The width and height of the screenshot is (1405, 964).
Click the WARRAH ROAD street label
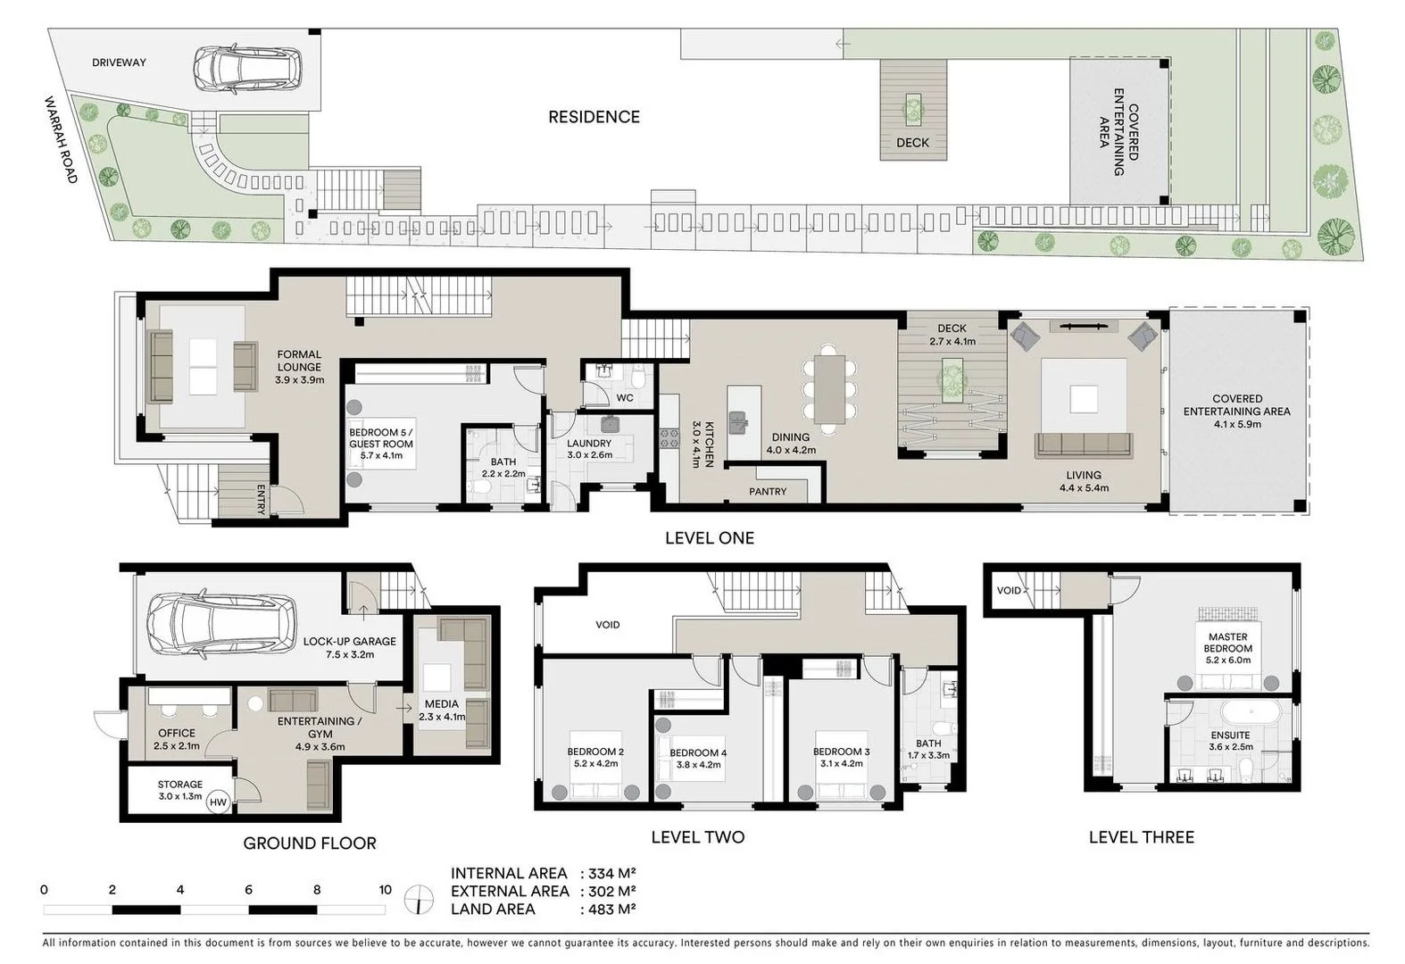pos(61,139)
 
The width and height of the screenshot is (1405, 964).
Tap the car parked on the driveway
pos(247,69)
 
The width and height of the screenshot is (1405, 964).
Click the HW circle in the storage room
pos(218,802)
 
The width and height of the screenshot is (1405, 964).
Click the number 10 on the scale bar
pos(385,889)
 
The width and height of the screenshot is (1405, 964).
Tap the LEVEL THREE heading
pos(1142,836)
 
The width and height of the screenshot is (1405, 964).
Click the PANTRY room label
pos(768,491)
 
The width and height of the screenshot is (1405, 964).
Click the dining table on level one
pos(829,389)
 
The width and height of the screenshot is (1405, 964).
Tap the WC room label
pos(625,397)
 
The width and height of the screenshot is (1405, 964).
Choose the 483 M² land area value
pos(608,908)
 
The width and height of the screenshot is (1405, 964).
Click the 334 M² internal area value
pos(608,873)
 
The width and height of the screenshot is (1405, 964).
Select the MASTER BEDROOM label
pos(1228,643)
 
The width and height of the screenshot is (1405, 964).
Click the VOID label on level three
pos(1009,590)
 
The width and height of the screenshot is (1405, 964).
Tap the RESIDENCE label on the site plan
pos(594,117)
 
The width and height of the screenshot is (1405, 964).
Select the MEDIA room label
pos(442,704)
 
